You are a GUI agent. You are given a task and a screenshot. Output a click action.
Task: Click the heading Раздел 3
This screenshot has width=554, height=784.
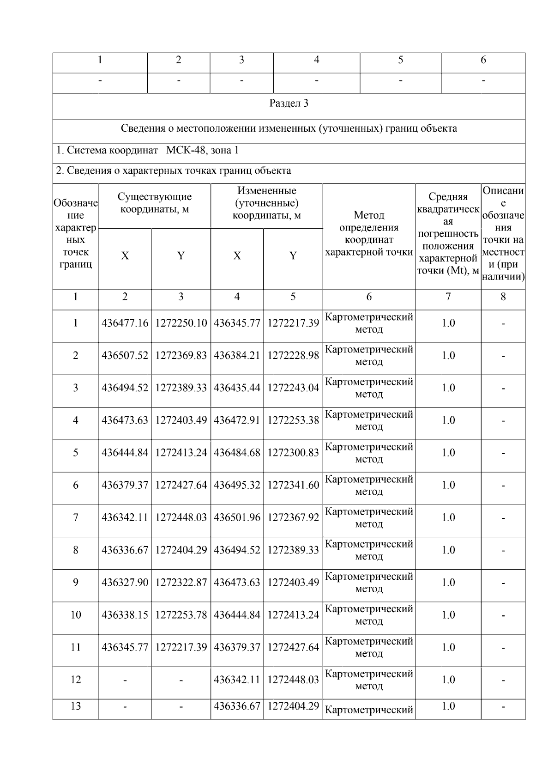(289, 103)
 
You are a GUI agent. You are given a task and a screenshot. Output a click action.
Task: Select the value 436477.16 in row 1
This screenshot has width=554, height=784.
(125, 323)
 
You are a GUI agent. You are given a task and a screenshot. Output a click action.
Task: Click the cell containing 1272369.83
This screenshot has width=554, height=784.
(181, 355)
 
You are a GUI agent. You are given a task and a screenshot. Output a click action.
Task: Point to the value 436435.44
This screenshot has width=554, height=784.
(237, 388)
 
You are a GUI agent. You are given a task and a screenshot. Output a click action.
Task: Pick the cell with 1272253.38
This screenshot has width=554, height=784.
(293, 420)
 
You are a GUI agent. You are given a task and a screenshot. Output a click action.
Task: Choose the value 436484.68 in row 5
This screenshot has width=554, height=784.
(237, 452)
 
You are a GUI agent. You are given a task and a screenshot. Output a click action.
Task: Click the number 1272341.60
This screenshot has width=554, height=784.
(293, 485)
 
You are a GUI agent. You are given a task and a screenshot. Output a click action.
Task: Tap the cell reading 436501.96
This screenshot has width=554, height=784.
(237, 517)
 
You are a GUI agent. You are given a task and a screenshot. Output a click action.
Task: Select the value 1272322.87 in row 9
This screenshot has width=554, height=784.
(181, 582)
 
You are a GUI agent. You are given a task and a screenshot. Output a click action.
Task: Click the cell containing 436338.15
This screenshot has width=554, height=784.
(125, 614)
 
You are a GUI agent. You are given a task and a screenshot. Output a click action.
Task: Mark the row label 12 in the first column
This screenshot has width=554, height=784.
(75, 680)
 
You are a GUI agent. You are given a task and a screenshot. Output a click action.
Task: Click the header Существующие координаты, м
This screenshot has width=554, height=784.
(154, 203)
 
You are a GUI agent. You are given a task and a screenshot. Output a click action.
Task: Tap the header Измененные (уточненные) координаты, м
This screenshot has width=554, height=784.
(266, 203)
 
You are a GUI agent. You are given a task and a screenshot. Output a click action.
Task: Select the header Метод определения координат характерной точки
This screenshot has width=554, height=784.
(369, 233)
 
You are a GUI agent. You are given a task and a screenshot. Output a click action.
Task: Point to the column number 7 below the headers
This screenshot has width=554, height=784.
(448, 297)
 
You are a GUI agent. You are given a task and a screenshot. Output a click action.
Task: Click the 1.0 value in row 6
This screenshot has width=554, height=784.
(448, 485)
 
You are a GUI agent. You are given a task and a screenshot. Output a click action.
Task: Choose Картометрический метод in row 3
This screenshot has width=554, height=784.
(369, 388)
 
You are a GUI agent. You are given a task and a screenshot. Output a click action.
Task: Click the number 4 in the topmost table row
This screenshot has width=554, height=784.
(316, 60)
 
